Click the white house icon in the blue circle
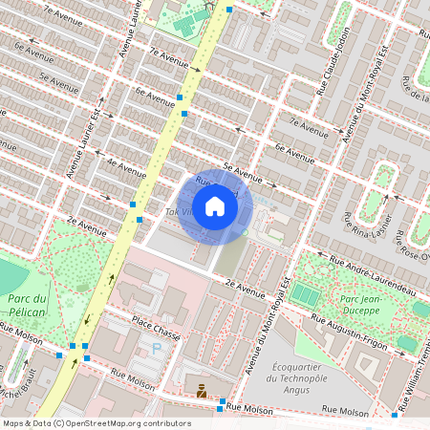coord(215,206)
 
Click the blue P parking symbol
coord(157,349)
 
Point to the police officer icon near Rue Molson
coord(201,390)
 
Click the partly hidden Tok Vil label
coord(178,210)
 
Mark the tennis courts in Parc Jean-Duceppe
coord(305,292)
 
